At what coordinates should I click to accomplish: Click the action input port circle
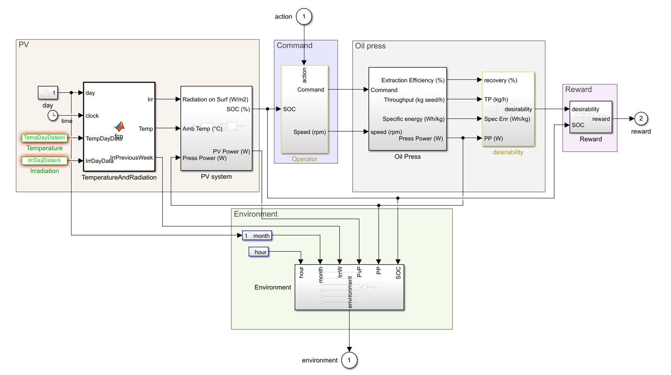[304, 16]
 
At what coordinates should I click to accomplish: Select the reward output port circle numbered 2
[641, 118]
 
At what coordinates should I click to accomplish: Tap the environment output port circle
[349, 360]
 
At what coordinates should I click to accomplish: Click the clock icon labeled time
[53, 116]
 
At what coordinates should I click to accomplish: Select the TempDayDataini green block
[45, 138]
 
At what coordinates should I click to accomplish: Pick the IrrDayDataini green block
[45, 161]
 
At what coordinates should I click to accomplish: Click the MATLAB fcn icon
[119, 126]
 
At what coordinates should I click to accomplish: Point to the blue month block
[257, 236]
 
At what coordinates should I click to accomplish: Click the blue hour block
[259, 252]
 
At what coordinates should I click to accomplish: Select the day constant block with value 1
[48, 93]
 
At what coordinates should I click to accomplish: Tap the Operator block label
[304, 159]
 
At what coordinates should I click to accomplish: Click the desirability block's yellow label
[508, 152]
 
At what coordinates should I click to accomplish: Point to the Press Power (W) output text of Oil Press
[420, 139]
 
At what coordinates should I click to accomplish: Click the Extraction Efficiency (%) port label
[413, 80]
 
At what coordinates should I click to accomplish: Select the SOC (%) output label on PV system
[238, 109]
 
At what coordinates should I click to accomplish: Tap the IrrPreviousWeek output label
[132, 157]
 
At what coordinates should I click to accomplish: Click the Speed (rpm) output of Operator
[310, 132]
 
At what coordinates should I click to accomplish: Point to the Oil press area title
[370, 46]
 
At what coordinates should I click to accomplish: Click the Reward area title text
[578, 90]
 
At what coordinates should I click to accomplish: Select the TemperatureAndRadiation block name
[119, 177]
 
